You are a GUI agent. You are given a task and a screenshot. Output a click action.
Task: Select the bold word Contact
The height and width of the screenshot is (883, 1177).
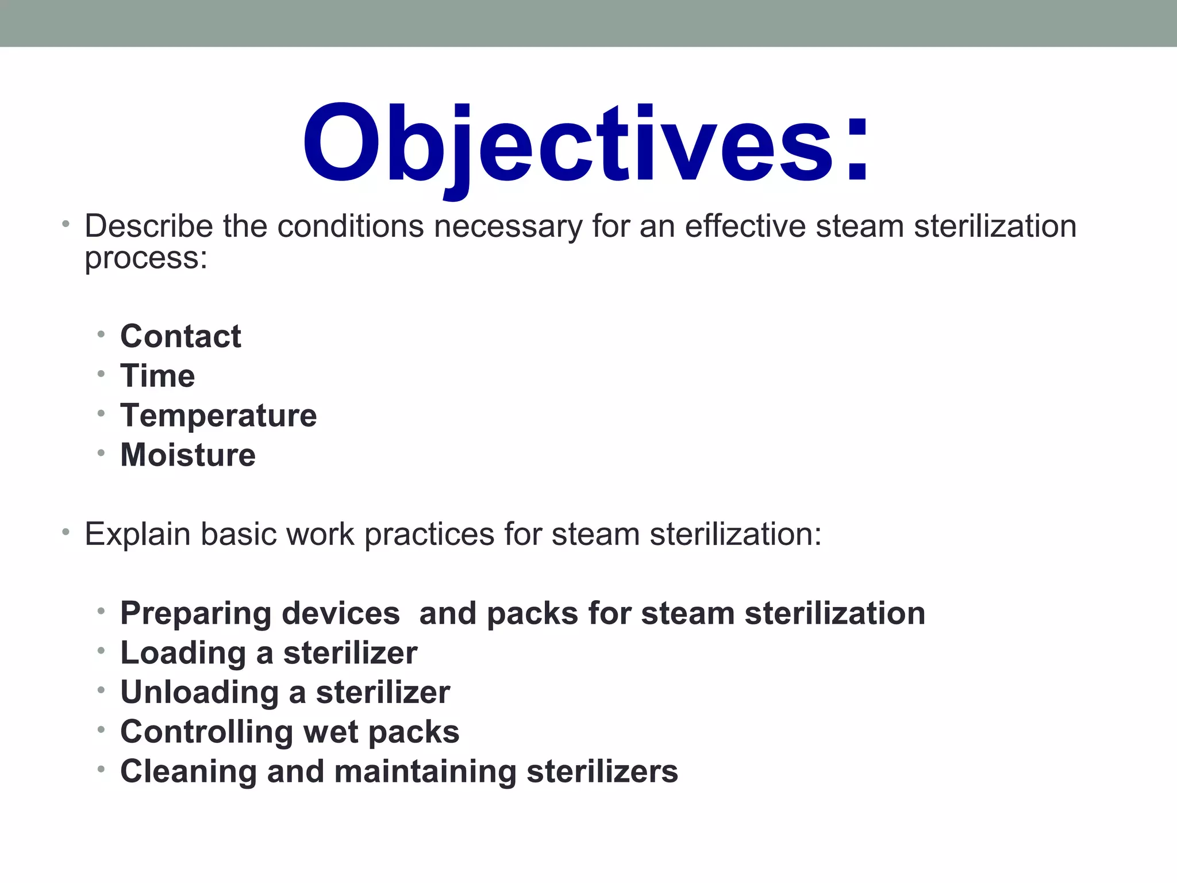point(180,336)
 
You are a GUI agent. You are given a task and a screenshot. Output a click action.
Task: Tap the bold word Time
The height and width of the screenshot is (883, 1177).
point(157,376)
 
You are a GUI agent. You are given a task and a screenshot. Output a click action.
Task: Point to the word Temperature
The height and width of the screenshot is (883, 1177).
point(218,416)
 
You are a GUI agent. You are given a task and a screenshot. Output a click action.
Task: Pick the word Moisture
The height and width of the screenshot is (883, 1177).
point(188,455)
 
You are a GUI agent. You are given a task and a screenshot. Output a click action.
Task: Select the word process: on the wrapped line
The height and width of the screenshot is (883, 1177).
point(146,258)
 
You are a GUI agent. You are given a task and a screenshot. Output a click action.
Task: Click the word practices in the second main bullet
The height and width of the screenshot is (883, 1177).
point(429,535)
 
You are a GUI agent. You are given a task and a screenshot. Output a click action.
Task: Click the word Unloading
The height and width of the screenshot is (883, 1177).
point(199,693)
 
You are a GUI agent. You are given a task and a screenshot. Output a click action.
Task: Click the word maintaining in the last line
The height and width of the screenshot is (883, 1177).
point(425,772)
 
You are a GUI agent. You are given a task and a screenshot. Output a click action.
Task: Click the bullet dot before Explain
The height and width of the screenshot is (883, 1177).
point(66,532)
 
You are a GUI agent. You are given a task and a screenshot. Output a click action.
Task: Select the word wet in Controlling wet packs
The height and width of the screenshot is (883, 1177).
point(331,732)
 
